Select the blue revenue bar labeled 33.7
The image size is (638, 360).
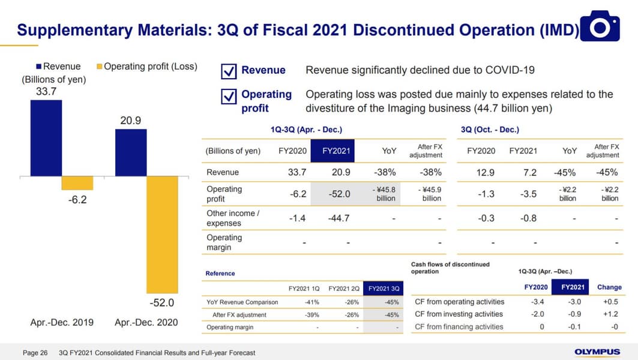pos(46,137)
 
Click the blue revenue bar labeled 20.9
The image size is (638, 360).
pos(131,152)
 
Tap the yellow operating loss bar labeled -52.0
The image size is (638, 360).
pos(162,234)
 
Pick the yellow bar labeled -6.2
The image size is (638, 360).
pos(77,183)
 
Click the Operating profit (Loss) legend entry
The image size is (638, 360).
pos(146,67)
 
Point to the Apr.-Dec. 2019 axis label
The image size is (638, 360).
pos(62,322)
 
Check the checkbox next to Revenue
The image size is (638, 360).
pos(229,71)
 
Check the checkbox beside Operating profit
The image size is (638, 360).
pos(229,96)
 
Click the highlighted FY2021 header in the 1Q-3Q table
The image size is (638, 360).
pos(332,151)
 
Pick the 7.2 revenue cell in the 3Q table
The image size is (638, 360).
pos(529,173)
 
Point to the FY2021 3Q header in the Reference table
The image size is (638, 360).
pos(384,289)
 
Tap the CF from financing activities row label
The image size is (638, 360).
pos(459,327)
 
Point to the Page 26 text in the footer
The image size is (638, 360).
pos(35,353)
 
